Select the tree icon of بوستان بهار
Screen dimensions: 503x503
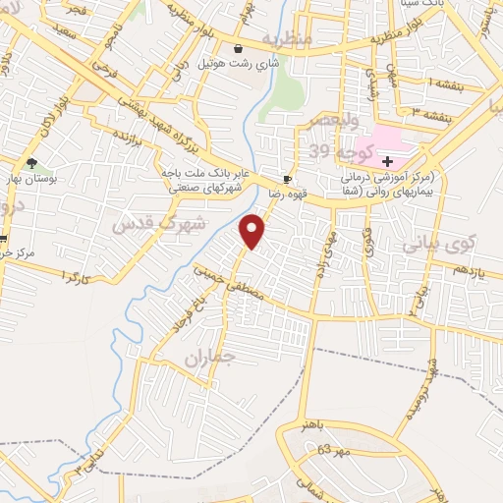pyautogui.click(x=33, y=162)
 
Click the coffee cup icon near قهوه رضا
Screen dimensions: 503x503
pyautogui.click(x=287, y=179)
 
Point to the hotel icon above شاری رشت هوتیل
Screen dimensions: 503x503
pyautogui.click(x=238, y=48)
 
